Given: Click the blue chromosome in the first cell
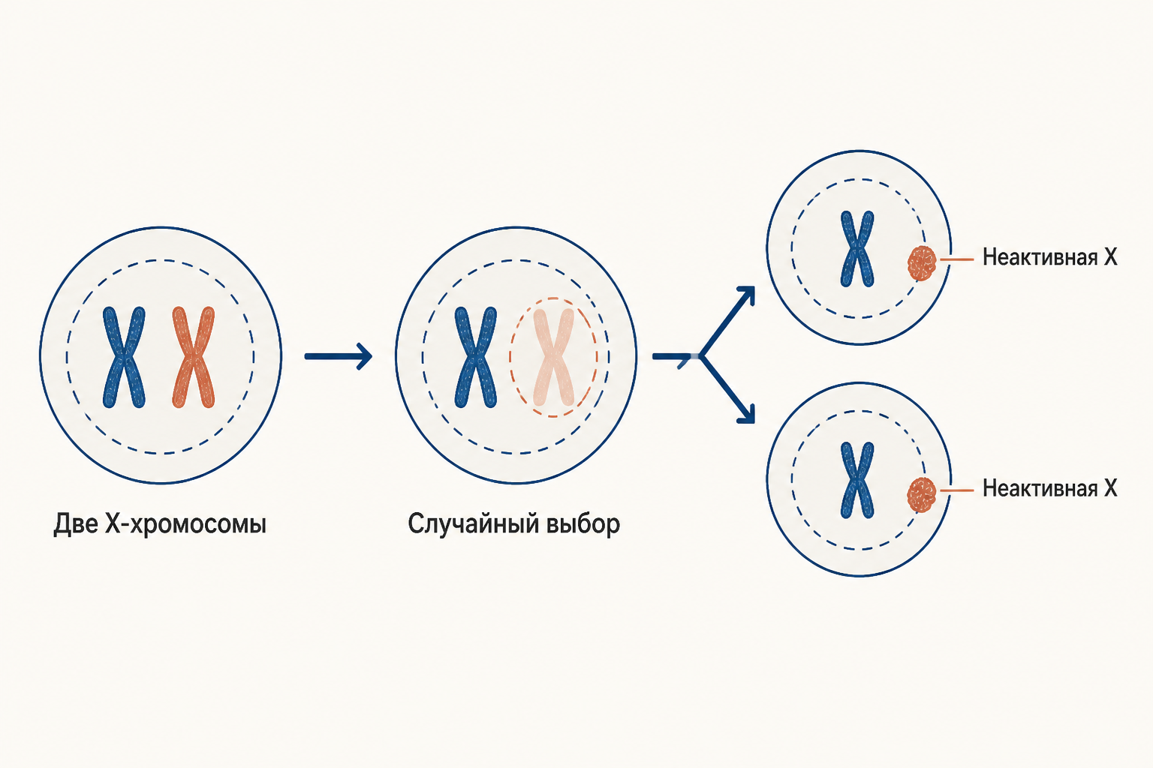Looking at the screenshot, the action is [124, 358].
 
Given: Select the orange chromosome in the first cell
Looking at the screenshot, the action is [194, 358].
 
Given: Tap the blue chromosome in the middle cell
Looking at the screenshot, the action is [476, 358].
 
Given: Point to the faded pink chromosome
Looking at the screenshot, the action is [554, 358].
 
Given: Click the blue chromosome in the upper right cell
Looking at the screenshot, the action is [857, 249].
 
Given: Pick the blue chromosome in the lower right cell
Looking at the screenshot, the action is [857, 480].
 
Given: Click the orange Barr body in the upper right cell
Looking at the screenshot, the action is [921, 263].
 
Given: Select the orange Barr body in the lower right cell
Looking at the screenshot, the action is [921, 495].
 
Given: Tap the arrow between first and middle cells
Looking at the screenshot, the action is [339, 356].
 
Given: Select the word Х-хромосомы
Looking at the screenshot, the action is [185, 525].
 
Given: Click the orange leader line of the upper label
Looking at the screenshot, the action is [957, 259].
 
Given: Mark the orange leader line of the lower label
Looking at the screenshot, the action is [957, 490].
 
